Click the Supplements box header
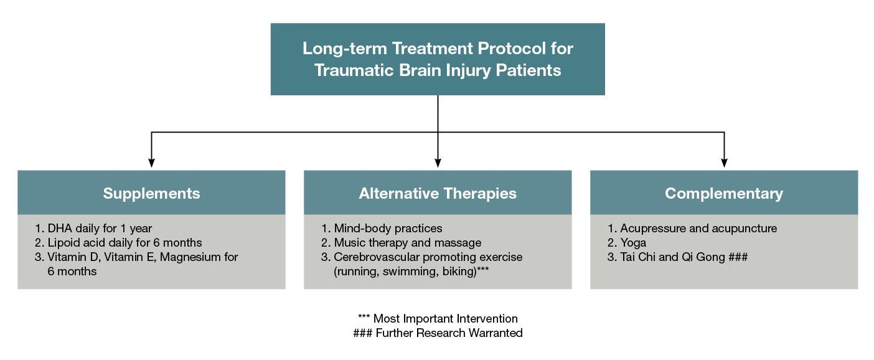(x=151, y=193)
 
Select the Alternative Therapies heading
(x=437, y=193)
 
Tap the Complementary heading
(x=723, y=193)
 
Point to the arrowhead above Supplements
(x=151, y=163)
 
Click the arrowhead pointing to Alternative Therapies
(x=438, y=163)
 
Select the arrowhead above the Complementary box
(x=724, y=163)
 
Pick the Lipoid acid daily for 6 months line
(x=118, y=242)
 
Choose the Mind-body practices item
(x=382, y=228)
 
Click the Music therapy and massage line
(x=402, y=242)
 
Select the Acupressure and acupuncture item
(x=692, y=228)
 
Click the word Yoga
(x=633, y=242)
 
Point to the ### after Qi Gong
(x=738, y=257)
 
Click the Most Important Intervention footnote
(x=438, y=319)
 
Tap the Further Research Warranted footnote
(x=438, y=333)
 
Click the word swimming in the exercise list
(x=408, y=272)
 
